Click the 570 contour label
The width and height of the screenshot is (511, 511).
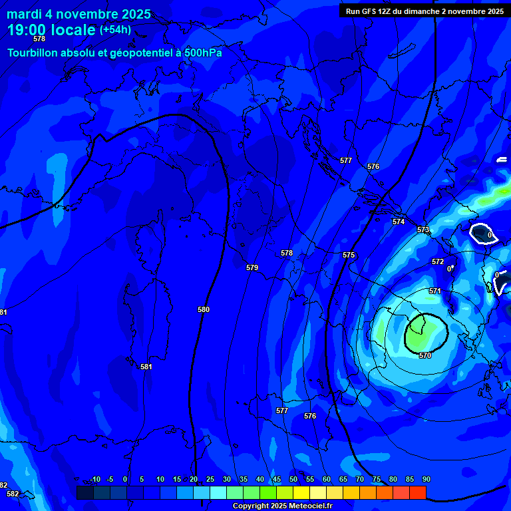point(425,355)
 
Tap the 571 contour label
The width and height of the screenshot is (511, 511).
point(434,291)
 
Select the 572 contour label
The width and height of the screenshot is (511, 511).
point(437,261)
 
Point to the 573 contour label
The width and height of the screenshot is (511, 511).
point(423,230)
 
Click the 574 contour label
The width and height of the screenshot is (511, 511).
point(398,222)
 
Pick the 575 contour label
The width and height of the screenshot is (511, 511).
point(349,255)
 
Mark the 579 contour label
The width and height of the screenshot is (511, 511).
point(252,267)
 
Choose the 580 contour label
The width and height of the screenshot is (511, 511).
point(204,309)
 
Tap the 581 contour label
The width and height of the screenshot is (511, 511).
point(146,367)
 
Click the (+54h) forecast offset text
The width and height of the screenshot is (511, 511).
point(115,30)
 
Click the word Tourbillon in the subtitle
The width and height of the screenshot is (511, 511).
point(33,53)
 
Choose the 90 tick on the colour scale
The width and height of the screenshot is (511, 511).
point(426,479)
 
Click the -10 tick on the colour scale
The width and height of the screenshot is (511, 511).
point(94,479)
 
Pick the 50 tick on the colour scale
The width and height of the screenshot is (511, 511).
point(293,479)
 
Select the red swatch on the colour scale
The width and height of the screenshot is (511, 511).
point(417,492)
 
